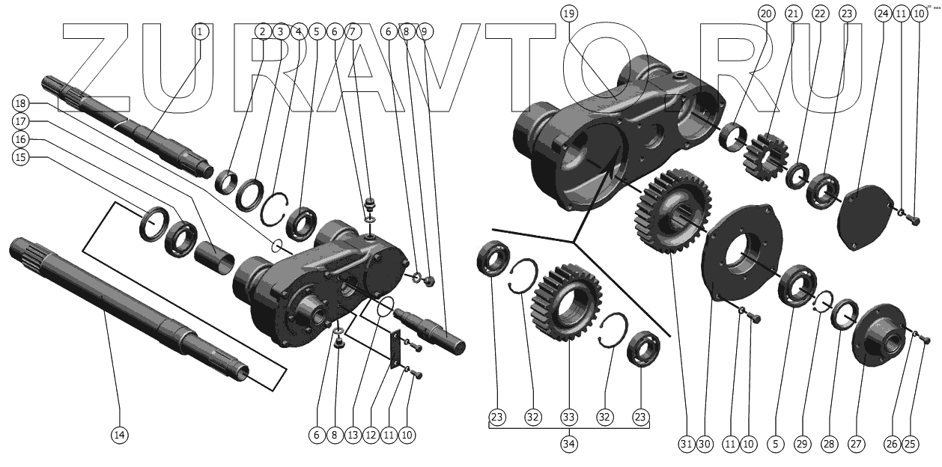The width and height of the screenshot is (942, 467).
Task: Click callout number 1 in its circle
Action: (199, 31)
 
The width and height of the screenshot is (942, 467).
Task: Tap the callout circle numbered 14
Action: (119, 435)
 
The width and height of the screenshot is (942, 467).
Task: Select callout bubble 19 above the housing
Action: (568, 13)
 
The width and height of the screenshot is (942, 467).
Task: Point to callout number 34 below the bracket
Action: (568, 443)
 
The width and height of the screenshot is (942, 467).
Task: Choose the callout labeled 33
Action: (568, 417)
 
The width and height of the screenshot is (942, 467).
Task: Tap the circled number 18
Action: (20, 103)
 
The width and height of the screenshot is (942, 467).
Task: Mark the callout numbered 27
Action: (855, 444)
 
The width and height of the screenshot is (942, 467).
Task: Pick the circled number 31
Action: (686, 444)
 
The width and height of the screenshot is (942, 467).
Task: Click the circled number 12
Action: (371, 434)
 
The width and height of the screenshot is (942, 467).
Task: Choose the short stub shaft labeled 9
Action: (434, 330)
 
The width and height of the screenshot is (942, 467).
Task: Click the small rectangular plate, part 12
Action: (394, 347)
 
